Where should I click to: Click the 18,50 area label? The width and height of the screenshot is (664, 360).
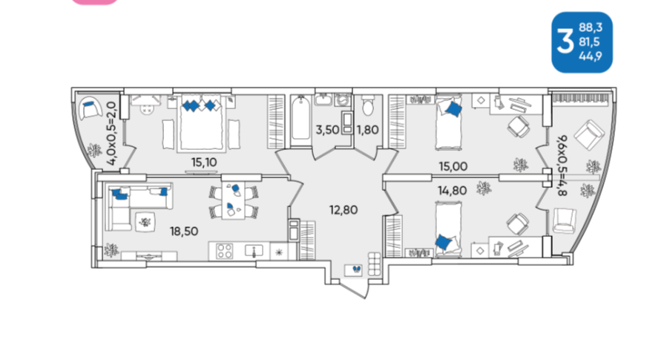pyautogui.click(x=184, y=232)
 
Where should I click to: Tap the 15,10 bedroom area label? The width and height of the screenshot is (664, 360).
pyautogui.click(x=204, y=163)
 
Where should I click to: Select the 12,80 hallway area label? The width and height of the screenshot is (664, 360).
pyautogui.click(x=343, y=209)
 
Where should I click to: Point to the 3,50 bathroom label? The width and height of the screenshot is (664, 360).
pyautogui.click(x=327, y=130)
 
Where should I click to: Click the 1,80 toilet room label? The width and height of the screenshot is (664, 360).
pyautogui.click(x=367, y=130)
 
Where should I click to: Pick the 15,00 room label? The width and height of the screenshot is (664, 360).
pyautogui.click(x=453, y=166)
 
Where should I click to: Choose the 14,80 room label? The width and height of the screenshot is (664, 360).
pyautogui.click(x=453, y=191)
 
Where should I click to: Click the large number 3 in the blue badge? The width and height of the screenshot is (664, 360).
pyautogui.click(x=565, y=42)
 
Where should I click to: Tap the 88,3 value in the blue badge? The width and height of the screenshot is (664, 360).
pyautogui.click(x=591, y=27)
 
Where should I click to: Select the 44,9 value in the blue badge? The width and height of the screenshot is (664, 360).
pyautogui.click(x=591, y=56)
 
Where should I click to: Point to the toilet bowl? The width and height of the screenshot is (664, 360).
pyautogui.click(x=368, y=106)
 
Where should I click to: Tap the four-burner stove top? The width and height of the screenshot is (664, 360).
pyautogui.click(x=225, y=251)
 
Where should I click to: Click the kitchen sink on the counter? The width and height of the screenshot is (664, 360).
pyautogui.click(x=254, y=251)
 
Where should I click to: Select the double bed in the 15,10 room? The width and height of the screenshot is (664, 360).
pyautogui.click(x=201, y=122)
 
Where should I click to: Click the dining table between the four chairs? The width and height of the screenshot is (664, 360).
pyautogui.click(x=234, y=200)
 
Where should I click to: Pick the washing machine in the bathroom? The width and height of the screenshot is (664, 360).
pyautogui.click(x=342, y=100)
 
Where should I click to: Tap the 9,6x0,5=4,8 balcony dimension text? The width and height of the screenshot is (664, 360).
pyautogui.click(x=562, y=166)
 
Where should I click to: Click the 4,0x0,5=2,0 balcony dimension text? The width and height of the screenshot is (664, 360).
pyautogui.click(x=111, y=133)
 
